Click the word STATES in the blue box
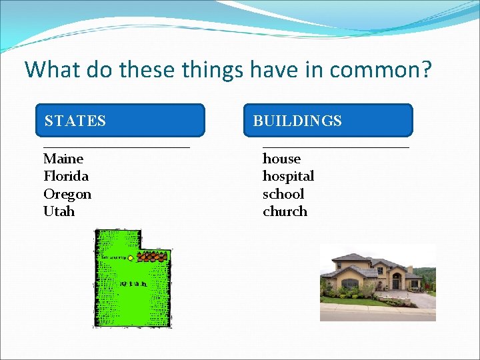[75, 121]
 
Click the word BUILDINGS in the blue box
[297, 121]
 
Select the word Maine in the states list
[63, 159]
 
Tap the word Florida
[66, 176]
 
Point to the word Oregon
[67, 194]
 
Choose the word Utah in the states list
[59, 211]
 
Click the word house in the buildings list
[281, 159]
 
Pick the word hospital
[288, 176]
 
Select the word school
[283, 194]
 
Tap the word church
[285, 211]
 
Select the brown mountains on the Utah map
[151, 257]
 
